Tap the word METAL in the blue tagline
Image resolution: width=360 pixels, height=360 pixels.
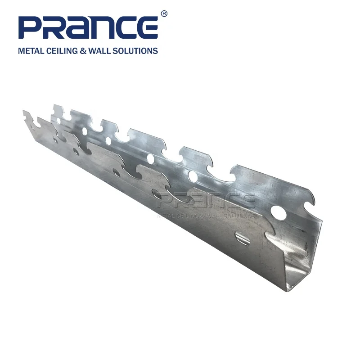[30, 51]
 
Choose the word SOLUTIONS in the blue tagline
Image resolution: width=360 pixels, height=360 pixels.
[137, 51]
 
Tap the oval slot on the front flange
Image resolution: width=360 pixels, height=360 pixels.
[243, 238]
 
